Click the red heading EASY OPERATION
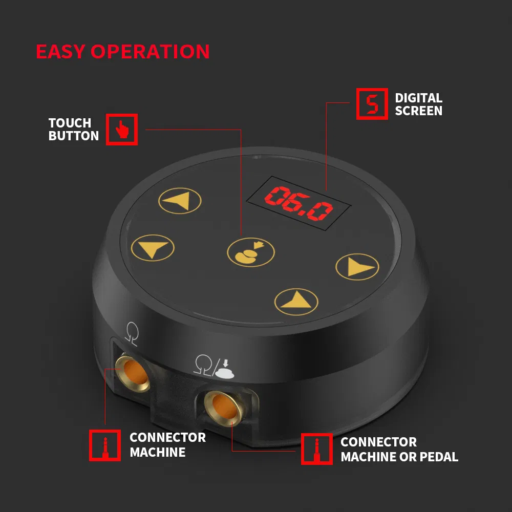click(123, 52)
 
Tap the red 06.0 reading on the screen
click(298, 203)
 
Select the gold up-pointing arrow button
click(296, 300)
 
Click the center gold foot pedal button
click(250, 252)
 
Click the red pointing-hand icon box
click(122, 130)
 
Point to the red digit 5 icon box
click(372, 104)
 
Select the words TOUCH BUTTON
click(74, 130)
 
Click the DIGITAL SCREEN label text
click(418, 104)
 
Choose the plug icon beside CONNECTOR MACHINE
click(105, 445)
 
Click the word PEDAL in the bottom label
click(438, 457)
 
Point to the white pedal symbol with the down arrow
click(226, 368)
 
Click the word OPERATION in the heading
click(151, 52)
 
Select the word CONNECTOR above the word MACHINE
click(167, 438)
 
